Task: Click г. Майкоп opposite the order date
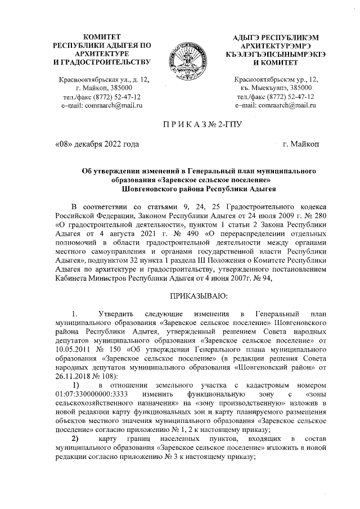(301, 145)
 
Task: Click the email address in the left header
(101, 105)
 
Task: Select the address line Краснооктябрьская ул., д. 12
(101, 79)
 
